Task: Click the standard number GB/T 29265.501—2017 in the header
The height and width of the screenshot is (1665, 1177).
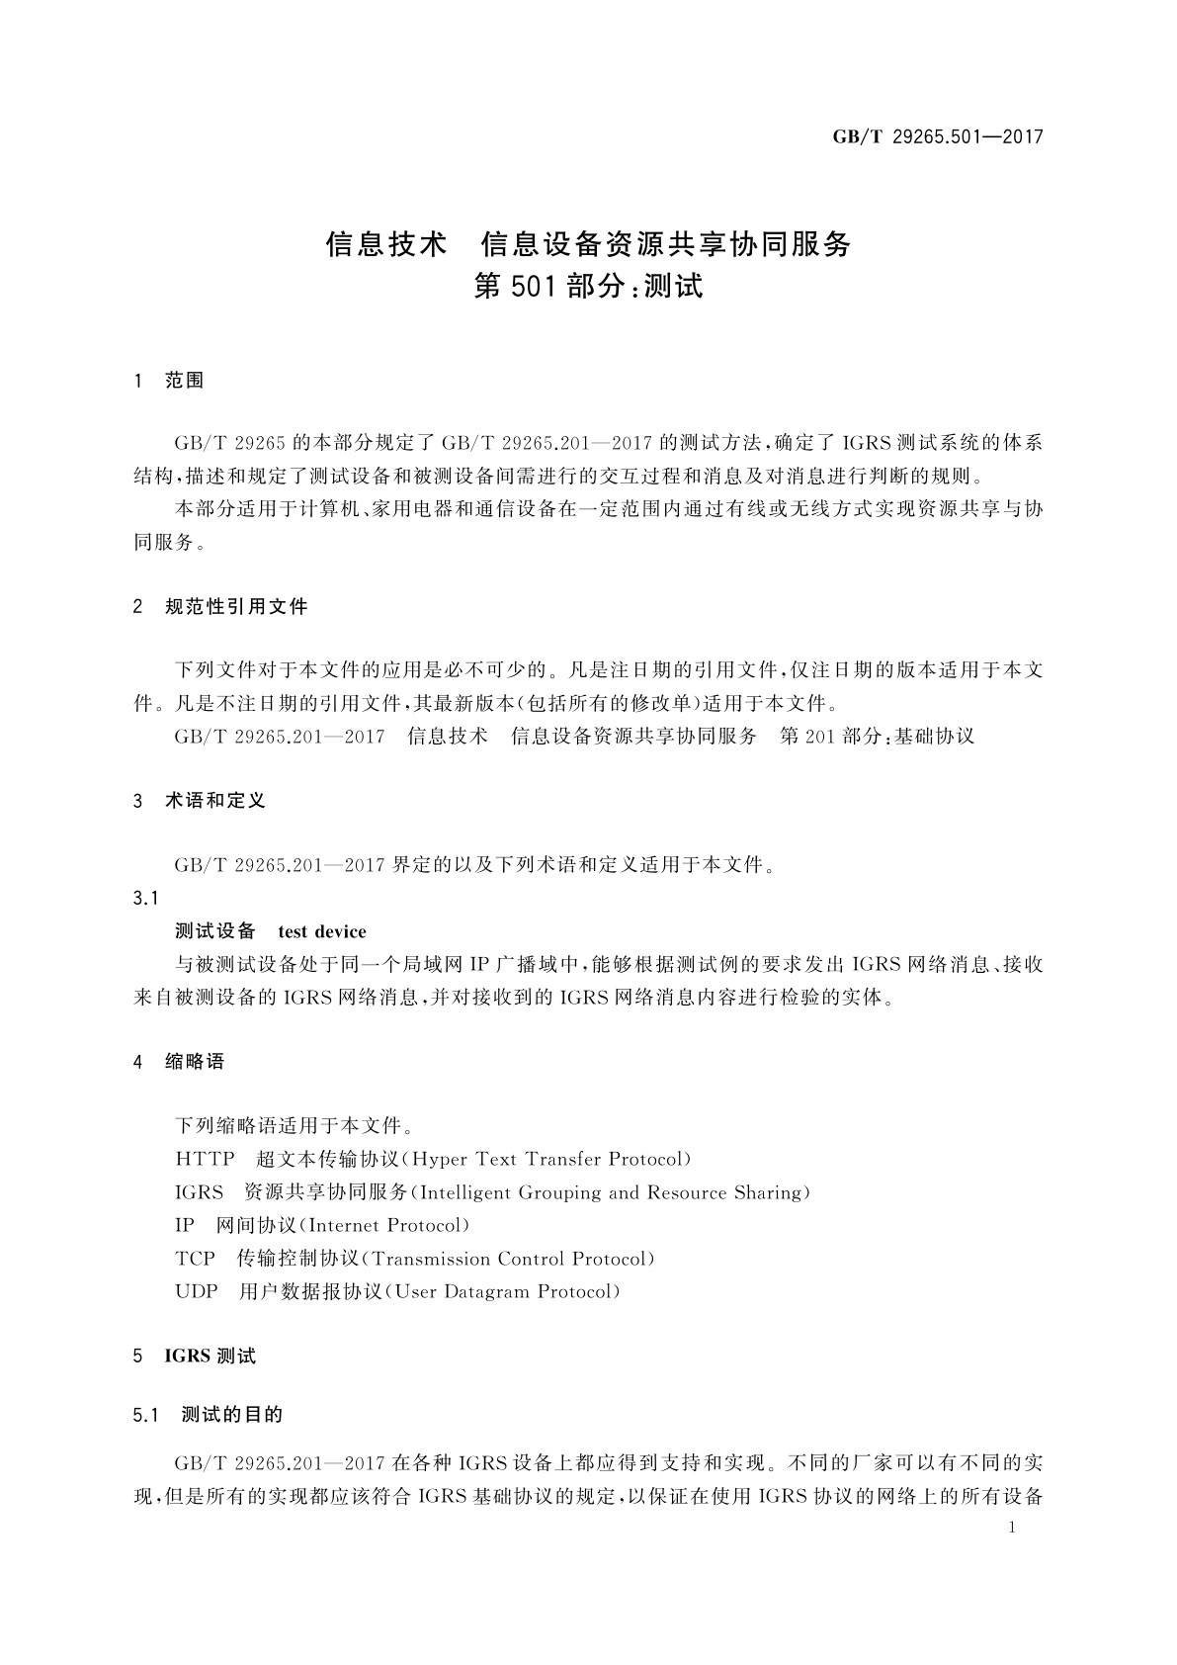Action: point(937,137)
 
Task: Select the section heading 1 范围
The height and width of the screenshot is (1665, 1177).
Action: point(169,381)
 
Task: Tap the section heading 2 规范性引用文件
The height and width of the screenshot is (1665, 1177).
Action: point(220,606)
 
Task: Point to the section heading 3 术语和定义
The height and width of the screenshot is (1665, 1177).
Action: point(200,801)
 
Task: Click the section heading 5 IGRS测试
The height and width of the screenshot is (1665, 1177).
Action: point(195,1357)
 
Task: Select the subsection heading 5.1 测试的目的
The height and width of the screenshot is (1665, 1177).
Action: point(208,1415)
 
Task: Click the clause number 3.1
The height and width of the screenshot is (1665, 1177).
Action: point(145,898)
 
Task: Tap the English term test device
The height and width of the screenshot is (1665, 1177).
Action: point(322,931)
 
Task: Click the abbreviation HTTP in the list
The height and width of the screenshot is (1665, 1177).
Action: point(205,1159)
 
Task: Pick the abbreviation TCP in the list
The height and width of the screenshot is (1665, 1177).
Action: point(195,1259)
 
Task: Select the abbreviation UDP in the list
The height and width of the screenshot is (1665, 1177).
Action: point(196,1291)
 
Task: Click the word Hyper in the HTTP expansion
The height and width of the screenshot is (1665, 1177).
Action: point(440,1159)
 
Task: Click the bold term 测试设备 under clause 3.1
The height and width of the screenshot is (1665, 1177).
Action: point(214,931)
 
